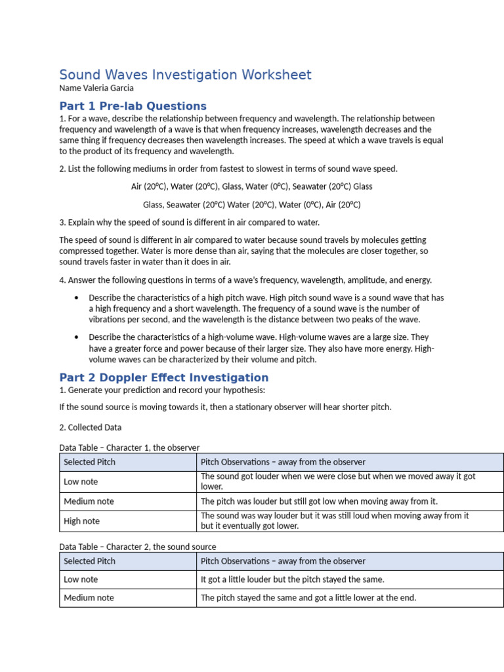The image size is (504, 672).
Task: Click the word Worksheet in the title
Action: (275, 75)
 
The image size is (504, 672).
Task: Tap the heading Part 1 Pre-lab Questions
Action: (133, 106)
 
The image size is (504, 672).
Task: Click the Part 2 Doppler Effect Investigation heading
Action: (163, 378)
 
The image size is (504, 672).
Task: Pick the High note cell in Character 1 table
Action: (81, 521)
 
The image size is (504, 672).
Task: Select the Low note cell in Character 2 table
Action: (81, 579)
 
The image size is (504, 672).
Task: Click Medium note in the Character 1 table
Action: (89, 501)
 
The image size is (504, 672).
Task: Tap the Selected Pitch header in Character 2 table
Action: (89, 561)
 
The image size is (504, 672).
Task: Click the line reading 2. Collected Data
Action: (90, 427)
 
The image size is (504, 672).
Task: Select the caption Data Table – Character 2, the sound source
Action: (137, 547)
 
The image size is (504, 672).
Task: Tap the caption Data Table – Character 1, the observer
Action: (129, 448)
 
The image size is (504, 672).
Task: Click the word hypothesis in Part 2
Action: (245, 390)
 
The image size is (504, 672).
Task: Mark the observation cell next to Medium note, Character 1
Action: (319, 501)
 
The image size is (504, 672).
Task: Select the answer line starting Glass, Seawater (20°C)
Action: (251, 205)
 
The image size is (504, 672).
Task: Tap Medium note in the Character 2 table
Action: (89, 598)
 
